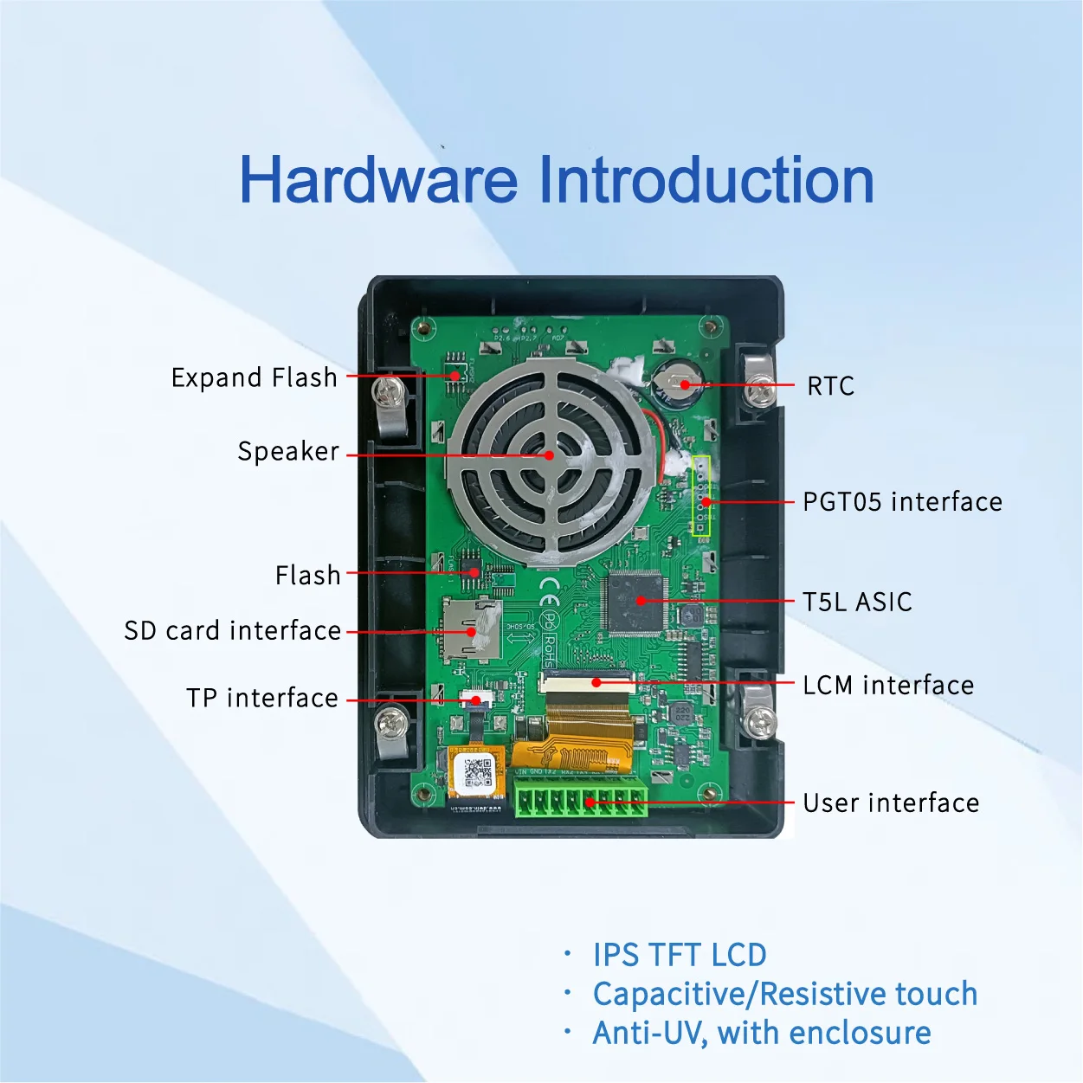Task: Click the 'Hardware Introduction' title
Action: (556, 180)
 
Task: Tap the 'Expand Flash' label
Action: (254, 378)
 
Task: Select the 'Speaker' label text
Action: (288, 452)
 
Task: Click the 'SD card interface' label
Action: (232, 631)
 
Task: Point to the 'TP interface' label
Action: (261, 698)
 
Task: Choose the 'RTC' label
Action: (830, 386)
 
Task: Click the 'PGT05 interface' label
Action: (902, 502)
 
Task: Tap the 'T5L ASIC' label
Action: (857, 603)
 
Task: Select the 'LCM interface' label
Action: (888, 686)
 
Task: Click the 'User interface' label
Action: (891, 803)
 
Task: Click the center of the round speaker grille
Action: (549, 456)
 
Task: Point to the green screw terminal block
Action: (580, 798)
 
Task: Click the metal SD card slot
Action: (471, 629)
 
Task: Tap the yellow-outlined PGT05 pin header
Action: (702, 497)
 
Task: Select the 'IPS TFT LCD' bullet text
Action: (679, 956)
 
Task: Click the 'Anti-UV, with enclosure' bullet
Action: (761, 1034)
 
